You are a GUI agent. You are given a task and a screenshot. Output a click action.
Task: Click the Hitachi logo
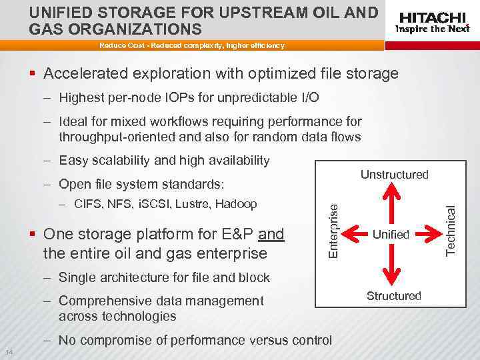coord(431,17)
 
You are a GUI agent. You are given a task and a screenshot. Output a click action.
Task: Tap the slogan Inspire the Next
coord(432,29)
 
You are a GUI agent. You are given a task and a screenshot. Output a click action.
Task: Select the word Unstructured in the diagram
coord(394,175)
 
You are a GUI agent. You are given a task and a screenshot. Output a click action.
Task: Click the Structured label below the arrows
coord(394,295)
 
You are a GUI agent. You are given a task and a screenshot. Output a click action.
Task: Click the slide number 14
coord(8,352)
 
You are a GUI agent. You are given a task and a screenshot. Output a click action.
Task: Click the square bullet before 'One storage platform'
coord(33,235)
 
